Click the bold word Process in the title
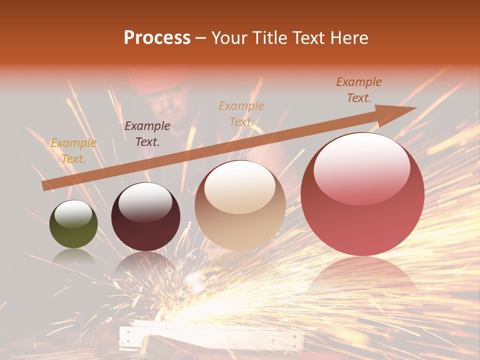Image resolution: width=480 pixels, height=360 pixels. pyautogui.click(x=157, y=38)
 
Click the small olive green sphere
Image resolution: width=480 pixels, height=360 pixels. pyautogui.click(x=73, y=224)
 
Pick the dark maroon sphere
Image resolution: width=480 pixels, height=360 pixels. pyautogui.click(x=145, y=216)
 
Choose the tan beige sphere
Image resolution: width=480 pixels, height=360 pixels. pyautogui.click(x=240, y=205)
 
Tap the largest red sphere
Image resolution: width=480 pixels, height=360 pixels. pyautogui.click(x=362, y=194)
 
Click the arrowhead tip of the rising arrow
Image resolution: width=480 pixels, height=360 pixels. pyautogui.click(x=414, y=108)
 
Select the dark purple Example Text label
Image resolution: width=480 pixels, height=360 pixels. pyautogui.click(x=147, y=134)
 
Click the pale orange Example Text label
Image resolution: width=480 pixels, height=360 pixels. pyautogui.click(x=241, y=113)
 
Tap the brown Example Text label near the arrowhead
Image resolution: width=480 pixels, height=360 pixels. pyautogui.click(x=359, y=90)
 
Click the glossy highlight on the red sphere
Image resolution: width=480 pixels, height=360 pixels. pyautogui.click(x=362, y=167)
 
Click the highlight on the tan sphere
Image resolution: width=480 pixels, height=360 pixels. pyautogui.click(x=240, y=186)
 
